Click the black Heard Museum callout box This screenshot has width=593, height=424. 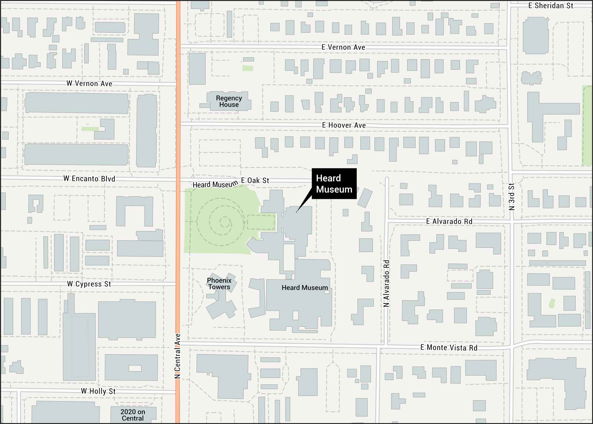(x=334, y=184)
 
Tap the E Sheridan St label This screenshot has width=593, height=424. (x=551, y=6)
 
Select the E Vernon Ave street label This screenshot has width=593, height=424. (x=343, y=47)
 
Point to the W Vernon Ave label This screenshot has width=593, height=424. (x=89, y=83)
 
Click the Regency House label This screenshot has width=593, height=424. (x=229, y=101)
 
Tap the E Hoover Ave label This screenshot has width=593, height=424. (x=344, y=125)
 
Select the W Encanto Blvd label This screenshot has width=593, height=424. (x=89, y=179)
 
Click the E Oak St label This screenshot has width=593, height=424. (x=255, y=180)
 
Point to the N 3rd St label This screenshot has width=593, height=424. (x=511, y=197)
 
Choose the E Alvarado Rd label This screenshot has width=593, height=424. (x=449, y=221)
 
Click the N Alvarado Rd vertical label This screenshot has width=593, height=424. (x=386, y=283)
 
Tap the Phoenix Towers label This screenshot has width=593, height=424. (x=219, y=284)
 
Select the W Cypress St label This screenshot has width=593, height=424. (x=89, y=284)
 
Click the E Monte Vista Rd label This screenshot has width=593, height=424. (x=449, y=347)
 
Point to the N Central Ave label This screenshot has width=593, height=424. (x=177, y=356)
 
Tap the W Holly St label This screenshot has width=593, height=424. (x=98, y=391)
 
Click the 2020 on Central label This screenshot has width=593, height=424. (x=133, y=415)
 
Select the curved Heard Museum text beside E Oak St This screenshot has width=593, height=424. (x=215, y=185)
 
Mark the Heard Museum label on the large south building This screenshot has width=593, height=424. (x=305, y=288)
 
